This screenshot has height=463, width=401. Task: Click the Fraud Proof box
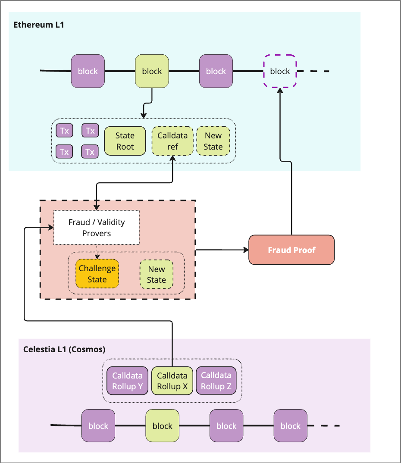click(291, 250)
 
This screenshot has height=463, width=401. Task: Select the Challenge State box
click(97, 274)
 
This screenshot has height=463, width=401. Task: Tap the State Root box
click(125, 141)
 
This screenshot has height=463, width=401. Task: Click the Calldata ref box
click(172, 141)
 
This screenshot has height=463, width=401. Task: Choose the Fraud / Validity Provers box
click(96, 228)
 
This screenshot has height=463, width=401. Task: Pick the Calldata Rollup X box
click(172, 381)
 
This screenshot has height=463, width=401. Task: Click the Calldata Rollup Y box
click(127, 381)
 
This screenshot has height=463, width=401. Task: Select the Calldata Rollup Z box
click(216, 381)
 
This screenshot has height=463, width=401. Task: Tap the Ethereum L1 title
click(38, 25)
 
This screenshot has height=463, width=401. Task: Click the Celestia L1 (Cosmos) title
click(64, 349)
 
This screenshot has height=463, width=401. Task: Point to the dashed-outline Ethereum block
click(280, 71)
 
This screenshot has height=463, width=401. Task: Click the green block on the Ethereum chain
click(152, 71)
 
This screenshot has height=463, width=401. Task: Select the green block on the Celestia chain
click(162, 426)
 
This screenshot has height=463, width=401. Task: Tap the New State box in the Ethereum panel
click(213, 141)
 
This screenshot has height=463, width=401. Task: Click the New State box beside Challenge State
click(156, 274)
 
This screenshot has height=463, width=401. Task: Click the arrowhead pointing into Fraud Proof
click(246, 250)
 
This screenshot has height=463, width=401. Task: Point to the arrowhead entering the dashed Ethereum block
click(280, 90)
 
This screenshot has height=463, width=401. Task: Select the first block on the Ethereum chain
click(88, 71)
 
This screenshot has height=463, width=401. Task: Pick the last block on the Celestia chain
click(290, 426)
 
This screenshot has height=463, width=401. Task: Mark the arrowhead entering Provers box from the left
click(51, 227)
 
